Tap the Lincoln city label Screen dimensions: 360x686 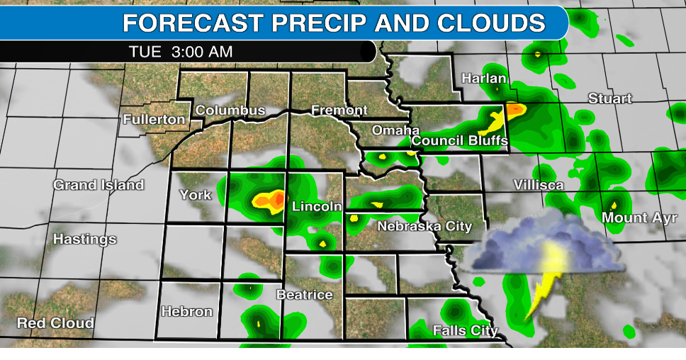pos(317,206)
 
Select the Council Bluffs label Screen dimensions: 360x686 pos(460,140)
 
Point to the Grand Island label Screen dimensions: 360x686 pos(99,185)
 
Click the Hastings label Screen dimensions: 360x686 pos(84,240)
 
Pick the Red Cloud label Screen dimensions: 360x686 pos(55,323)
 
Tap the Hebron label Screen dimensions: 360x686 pos(187,311)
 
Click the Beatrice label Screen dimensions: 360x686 pos(304,294)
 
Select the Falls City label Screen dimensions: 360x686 pos(466,330)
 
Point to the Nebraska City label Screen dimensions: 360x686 pos(424,226)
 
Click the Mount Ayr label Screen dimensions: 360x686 pos(635,218)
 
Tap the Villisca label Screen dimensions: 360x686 pos(539,185)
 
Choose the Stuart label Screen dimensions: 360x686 pos(610,99)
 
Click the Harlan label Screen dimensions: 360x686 pos(484,78)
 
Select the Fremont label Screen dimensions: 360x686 pos(339,110)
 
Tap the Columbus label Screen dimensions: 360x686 pos(230,110)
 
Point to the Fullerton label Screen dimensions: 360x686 pos(154,119)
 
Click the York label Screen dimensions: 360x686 pos(196,194)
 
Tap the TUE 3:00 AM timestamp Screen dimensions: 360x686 pos(181,52)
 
